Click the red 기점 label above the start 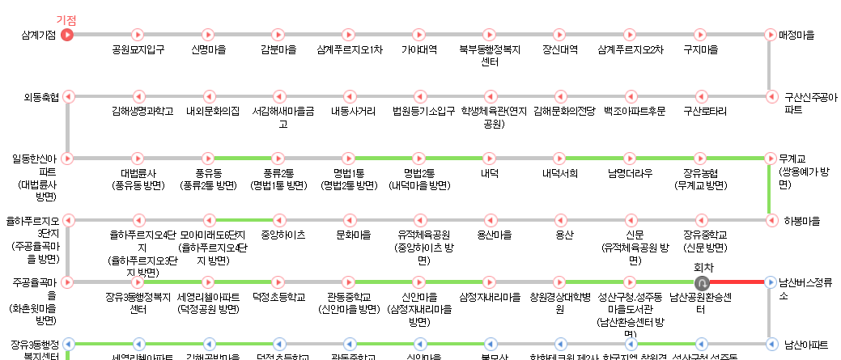click(x=66, y=19)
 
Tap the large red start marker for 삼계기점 click(x=67, y=35)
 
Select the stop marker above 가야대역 click(x=419, y=35)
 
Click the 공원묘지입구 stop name click(x=138, y=49)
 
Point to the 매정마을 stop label click(x=796, y=35)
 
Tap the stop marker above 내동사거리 click(x=349, y=96)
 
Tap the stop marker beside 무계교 click(x=770, y=158)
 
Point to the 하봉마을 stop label click(x=802, y=220)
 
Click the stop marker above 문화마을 click(x=349, y=219)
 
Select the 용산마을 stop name click(x=490, y=235)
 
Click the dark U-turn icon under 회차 click(x=702, y=282)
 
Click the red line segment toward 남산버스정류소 click(x=735, y=282)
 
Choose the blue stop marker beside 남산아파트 click(x=770, y=343)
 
